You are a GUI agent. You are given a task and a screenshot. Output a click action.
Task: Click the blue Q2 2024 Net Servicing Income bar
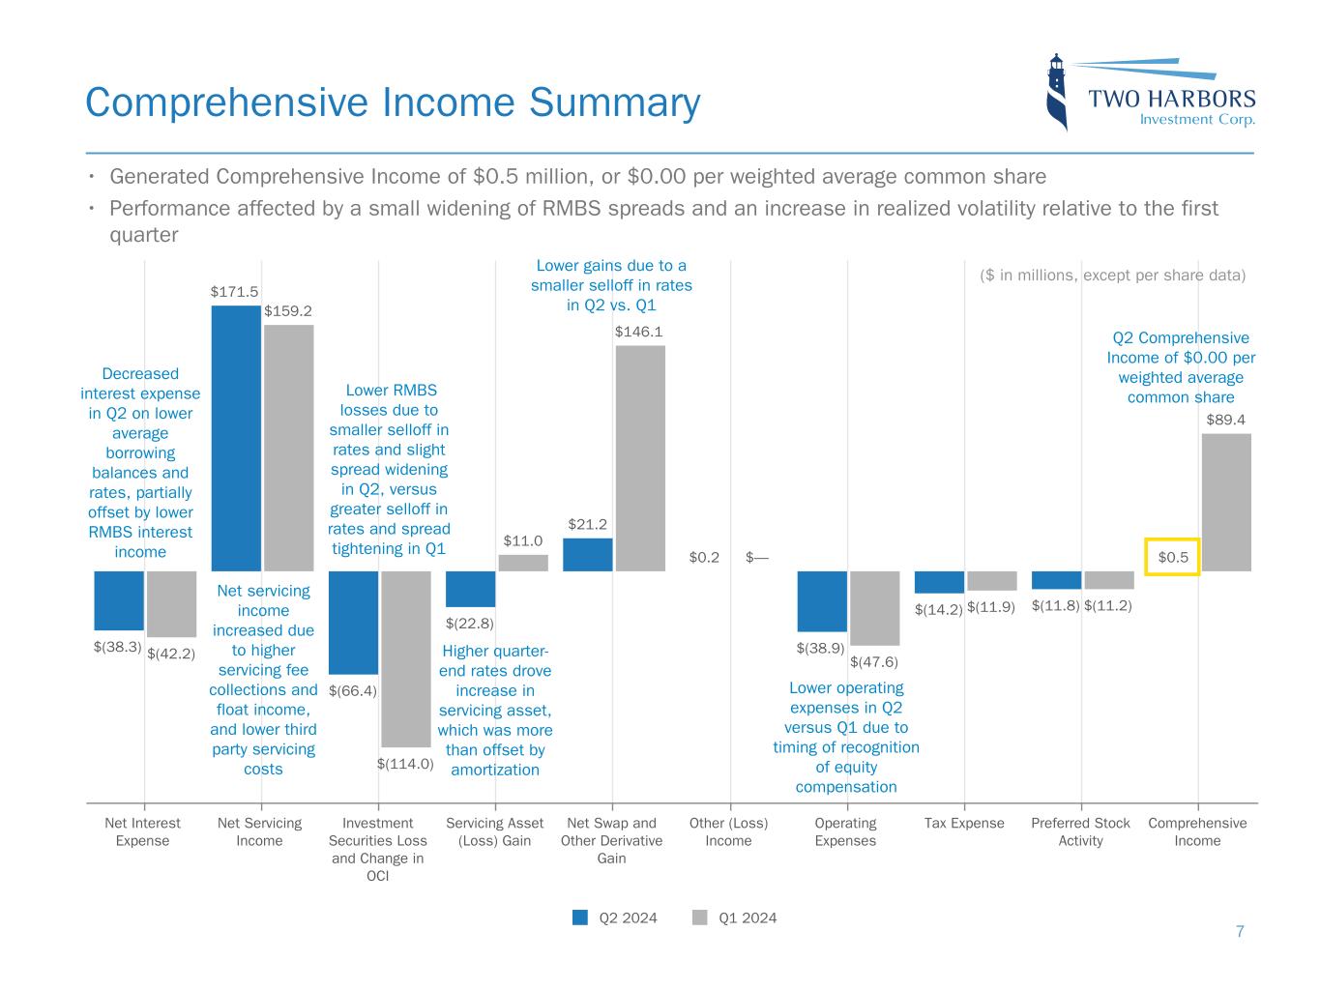click(236, 438)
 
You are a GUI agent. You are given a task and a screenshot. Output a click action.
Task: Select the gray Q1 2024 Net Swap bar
click(640, 458)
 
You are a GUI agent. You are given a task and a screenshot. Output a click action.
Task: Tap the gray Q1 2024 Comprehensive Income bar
click(1226, 502)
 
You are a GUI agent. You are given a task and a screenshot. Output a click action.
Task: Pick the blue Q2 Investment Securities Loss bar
click(353, 622)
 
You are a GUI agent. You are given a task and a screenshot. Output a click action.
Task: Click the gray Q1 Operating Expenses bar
click(875, 607)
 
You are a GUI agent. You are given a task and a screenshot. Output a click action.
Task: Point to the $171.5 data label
click(234, 290)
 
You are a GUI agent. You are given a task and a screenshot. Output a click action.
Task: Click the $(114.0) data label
click(405, 763)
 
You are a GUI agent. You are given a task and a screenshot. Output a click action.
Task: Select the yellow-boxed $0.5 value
click(1172, 557)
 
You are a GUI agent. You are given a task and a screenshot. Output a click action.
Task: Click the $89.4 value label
click(1225, 420)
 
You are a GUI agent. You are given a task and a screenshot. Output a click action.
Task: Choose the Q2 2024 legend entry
click(615, 917)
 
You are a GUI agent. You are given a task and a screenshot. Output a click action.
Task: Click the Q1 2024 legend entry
click(735, 917)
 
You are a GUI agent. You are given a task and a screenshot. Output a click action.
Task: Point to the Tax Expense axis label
click(964, 824)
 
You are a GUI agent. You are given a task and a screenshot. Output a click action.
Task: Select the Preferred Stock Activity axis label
click(1080, 831)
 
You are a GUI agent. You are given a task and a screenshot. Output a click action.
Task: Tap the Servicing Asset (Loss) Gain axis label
click(494, 831)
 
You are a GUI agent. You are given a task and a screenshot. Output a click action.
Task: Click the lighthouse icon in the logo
click(1058, 92)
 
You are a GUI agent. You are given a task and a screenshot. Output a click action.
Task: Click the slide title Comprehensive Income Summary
click(393, 102)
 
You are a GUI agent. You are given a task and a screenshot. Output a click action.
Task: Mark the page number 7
click(1240, 932)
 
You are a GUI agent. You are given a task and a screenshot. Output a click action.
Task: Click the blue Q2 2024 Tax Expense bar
click(939, 581)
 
